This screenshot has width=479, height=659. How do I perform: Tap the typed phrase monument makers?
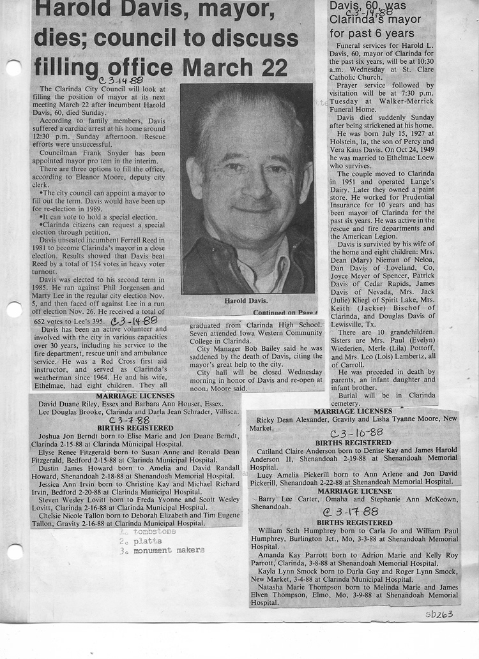169,550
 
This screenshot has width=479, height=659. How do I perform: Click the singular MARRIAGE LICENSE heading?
355,491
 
